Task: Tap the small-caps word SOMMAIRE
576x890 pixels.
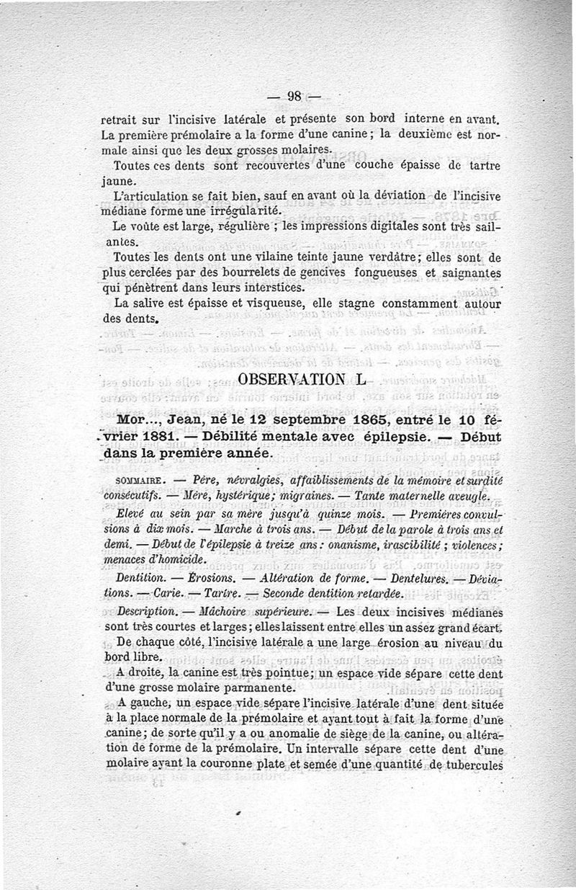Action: tap(140, 481)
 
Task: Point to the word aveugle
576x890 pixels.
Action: tap(464, 497)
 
